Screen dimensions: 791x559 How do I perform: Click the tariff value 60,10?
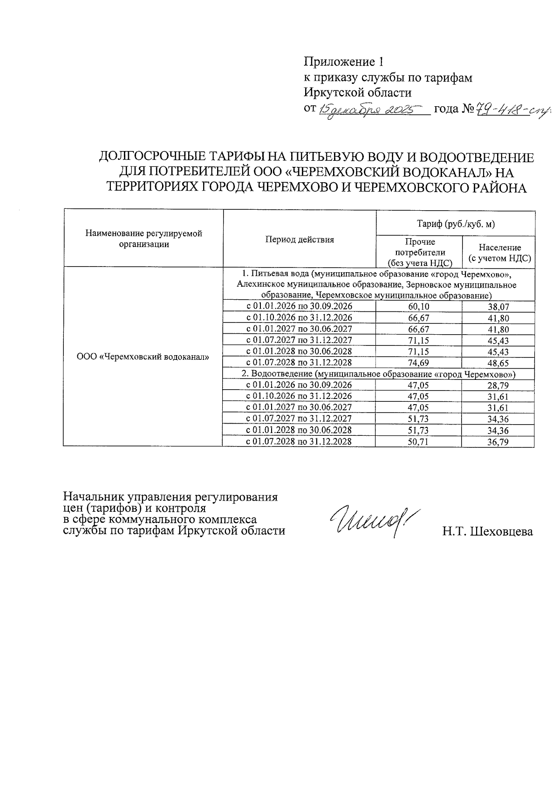[418, 307]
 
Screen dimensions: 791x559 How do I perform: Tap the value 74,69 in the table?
[418, 363]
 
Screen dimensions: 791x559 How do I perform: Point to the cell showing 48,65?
[498, 363]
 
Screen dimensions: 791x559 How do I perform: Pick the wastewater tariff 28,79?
[498, 386]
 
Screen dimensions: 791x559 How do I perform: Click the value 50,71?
[418, 442]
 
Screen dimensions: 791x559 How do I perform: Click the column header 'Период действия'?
[300, 240]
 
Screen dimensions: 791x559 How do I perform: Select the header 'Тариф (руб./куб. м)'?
[455, 224]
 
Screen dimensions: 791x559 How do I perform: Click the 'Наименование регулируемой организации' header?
[143, 239]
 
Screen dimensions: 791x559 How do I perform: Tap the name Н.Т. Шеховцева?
[487, 531]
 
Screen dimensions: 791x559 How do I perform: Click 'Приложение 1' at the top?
[343, 62]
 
